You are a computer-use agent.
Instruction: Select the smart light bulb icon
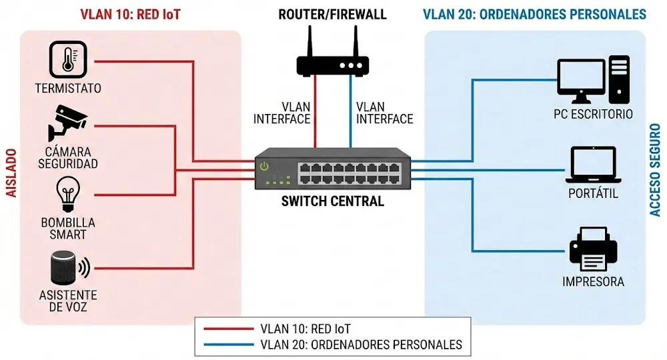(x=67, y=194)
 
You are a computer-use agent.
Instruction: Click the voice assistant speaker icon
(x=65, y=269)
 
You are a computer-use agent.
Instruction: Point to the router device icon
(x=332, y=65)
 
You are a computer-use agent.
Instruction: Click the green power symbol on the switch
(x=264, y=167)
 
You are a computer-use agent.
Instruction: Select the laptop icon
(x=594, y=166)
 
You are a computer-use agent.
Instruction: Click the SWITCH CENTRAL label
(x=333, y=201)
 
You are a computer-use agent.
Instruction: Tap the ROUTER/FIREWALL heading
(x=333, y=14)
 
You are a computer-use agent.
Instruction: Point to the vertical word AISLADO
(x=11, y=172)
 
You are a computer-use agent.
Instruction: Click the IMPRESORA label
(x=593, y=281)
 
